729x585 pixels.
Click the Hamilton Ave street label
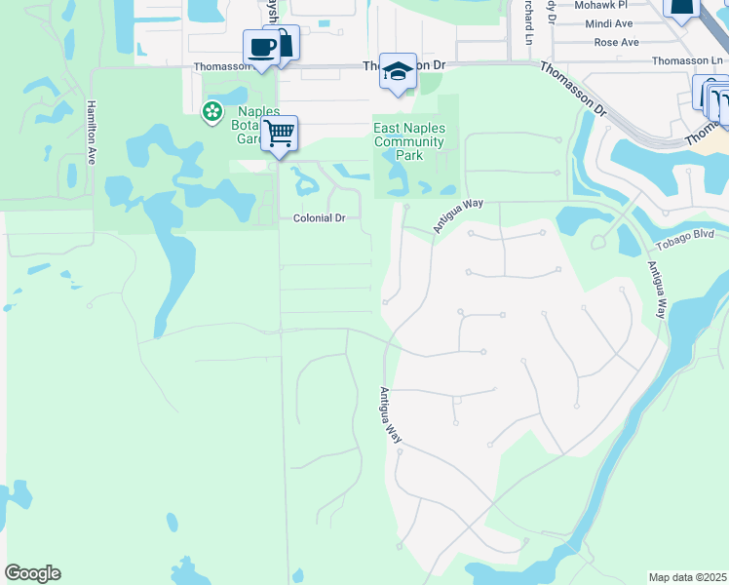pyautogui.click(x=91, y=131)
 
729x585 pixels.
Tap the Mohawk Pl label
pyautogui.click(x=601, y=5)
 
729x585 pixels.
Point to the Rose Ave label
pyautogui.click(x=616, y=42)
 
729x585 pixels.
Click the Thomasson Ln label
pyautogui.click(x=688, y=60)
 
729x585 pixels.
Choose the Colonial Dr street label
pyautogui.click(x=320, y=218)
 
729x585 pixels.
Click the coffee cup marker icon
pyautogui.click(x=261, y=48)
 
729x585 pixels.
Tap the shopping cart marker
pyautogui.click(x=280, y=133)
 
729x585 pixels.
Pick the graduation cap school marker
pyautogui.click(x=398, y=70)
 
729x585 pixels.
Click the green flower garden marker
pyautogui.click(x=211, y=112)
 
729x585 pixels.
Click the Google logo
pyautogui.click(x=32, y=573)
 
